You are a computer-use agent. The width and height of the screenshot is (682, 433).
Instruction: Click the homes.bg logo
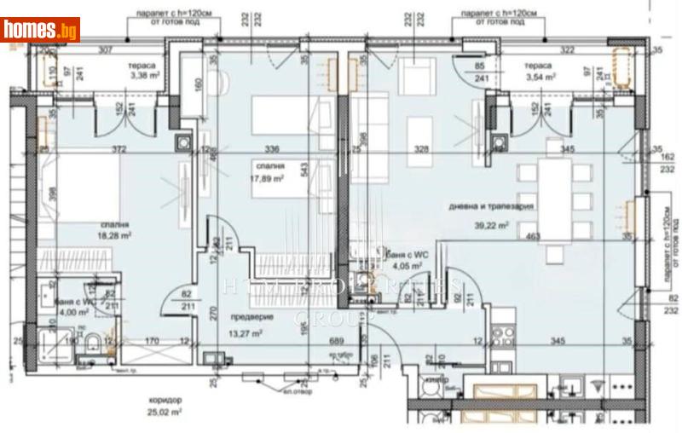(x=41, y=30)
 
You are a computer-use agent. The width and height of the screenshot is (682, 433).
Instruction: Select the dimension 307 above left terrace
(x=105, y=50)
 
